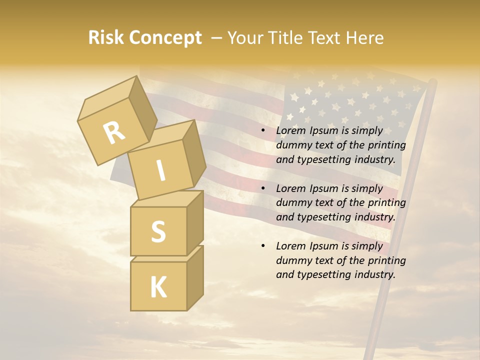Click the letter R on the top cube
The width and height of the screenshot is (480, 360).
coord(114,132)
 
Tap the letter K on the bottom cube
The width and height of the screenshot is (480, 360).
coord(158,287)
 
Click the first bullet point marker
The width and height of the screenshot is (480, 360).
coord(263,131)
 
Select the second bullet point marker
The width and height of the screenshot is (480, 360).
coord(263,189)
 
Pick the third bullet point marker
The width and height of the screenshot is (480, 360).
coord(263,246)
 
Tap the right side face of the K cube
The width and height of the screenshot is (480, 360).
coord(195,277)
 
